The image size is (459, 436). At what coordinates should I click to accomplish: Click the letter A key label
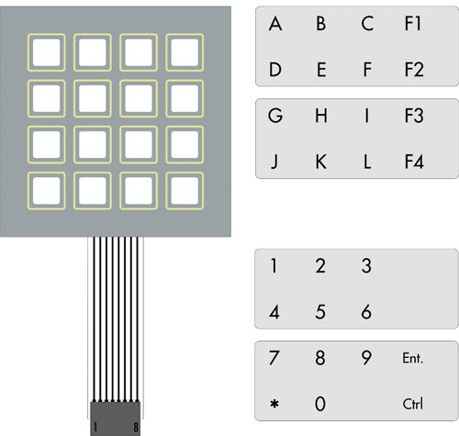point(275,24)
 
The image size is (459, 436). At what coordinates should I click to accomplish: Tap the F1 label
point(413,24)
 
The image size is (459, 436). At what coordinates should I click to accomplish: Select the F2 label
point(414,70)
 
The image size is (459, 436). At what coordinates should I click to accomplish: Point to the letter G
point(275,116)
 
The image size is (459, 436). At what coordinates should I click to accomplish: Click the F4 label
point(414,162)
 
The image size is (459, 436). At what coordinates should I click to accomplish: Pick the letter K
point(321,162)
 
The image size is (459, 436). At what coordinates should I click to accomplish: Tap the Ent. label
point(413,358)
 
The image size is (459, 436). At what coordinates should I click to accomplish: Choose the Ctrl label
point(413,404)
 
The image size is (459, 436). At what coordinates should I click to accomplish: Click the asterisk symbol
point(274,404)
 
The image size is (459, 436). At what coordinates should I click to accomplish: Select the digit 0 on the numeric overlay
point(320,404)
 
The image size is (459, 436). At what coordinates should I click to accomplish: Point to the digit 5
point(320,312)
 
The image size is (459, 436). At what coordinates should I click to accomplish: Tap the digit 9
point(366,358)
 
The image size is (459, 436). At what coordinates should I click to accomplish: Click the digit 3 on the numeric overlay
point(366,265)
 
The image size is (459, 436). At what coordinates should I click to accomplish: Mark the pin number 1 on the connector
point(95,427)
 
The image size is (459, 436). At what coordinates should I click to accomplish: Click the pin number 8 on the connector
point(136,427)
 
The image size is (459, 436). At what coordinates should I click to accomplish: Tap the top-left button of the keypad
point(46,52)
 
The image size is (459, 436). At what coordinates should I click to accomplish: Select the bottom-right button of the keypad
point(185,191)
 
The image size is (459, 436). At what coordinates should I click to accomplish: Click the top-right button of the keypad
point(185,52)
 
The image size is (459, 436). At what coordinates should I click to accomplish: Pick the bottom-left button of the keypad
point(46,191)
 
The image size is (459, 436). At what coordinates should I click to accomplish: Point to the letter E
point(321,70)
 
